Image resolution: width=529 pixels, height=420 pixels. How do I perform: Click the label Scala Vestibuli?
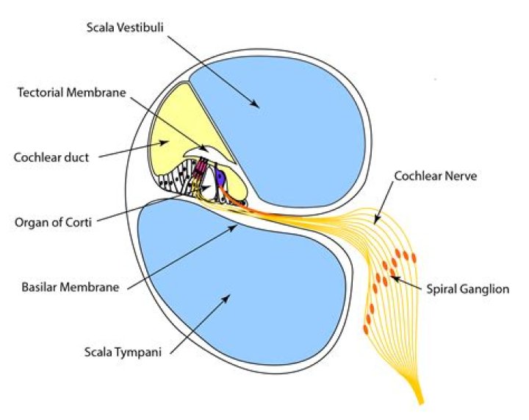coord(124,29)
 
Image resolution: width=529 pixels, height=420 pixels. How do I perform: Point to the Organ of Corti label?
coord(51,222)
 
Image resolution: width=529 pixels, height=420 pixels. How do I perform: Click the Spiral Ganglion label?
coord(468,289)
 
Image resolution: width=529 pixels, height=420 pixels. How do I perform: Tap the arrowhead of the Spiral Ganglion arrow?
coord(392,277)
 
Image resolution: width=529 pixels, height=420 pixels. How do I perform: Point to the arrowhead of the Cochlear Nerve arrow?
coord(375,221)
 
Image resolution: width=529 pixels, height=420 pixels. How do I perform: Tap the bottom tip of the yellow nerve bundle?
coord(421,402)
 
